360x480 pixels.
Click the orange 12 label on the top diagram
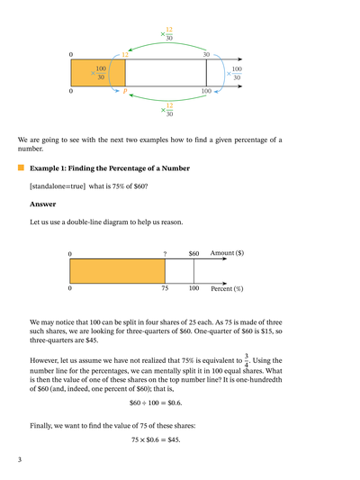pyautogui.click(x=124, y=55)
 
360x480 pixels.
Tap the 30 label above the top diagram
pyautogui.click(x=206, y=55)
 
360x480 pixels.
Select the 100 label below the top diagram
pyautogui.click(x=206, y=91)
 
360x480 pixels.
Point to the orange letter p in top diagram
pyautogui.click(x=124, y=91)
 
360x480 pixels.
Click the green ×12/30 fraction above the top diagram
pyautogui.click(x=167, y=34)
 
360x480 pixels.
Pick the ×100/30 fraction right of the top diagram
pyautogui.click(x=234, y=73)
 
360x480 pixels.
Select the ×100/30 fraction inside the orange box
pyautogui.click(x=98, y=73)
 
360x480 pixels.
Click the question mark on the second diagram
pyautogui.click(x=165, y=254)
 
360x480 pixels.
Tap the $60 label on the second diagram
pyautogui.click(x=193, y=254)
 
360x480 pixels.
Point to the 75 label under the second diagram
pyautogui.click(x=165, y=289)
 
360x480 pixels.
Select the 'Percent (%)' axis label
pyautogui.click(x=227, y=289)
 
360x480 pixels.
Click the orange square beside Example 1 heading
pyautogui.click(x=21, y=168)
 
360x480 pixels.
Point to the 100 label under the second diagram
pyautogui.click(x=193, y=289)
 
